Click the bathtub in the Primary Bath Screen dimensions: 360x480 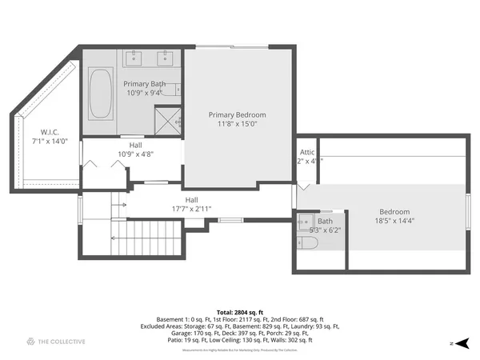click(100, 94)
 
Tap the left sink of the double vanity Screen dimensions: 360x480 click(132, 58)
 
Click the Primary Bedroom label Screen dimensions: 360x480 click(238, 114)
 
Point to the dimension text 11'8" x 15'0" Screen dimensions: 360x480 click(238, 124)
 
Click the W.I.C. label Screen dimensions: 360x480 click(50, 132)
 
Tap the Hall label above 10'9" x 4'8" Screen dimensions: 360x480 click(135, 145)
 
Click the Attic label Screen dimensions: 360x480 click(308, 151)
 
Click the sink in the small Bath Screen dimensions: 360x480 click(304, 222)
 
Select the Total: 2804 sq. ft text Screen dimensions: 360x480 click(240, 312)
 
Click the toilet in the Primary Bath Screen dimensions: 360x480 click(178, 90)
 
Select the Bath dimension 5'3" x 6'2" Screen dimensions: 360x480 click(325, 230)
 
